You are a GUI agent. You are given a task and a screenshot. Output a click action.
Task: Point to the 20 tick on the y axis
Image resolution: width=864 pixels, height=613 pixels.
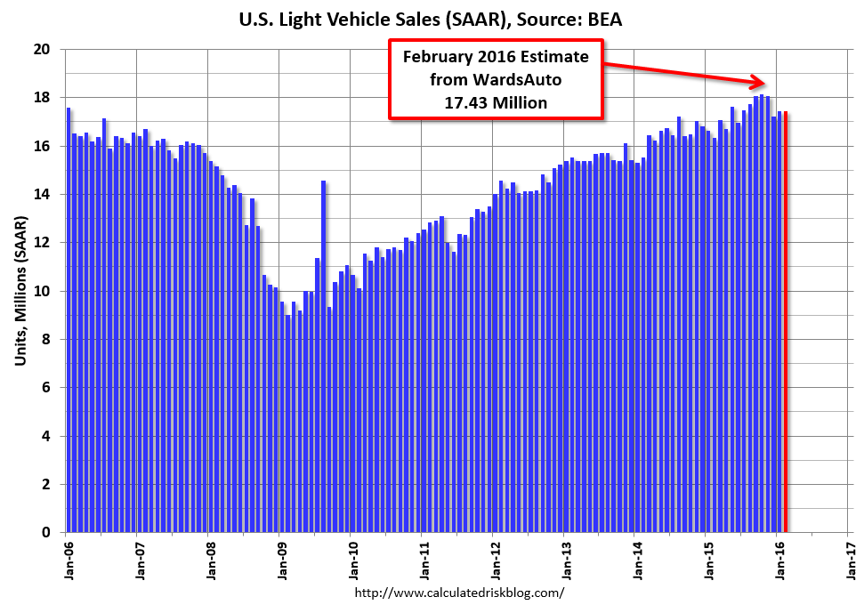[x=41, y=49]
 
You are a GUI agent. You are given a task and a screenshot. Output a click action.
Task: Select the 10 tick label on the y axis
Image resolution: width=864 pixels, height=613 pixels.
[x=41, y=291]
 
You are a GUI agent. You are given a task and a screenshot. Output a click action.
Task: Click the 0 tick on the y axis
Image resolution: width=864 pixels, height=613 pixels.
[x=44, y=532]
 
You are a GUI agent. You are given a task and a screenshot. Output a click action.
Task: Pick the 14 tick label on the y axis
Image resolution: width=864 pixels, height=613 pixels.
[x=41, y=194]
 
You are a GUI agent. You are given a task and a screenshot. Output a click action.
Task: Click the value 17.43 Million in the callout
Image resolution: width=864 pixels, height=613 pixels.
[x=496, y=102]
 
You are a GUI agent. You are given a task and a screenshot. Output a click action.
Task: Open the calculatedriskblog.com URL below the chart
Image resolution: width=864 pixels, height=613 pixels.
[x=459, y=592]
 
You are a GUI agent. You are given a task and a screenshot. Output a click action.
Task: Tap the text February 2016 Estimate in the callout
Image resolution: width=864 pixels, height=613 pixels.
[x=496, y=57]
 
